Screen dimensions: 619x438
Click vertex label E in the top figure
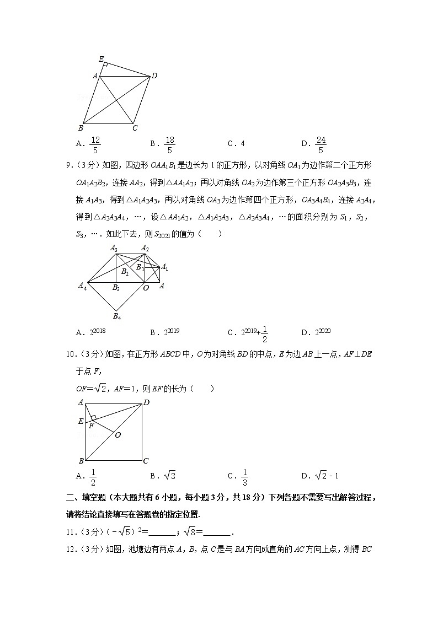tap(101, 58)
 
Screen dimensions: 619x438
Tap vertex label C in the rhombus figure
tap(135, 128)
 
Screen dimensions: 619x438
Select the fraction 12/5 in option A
tap(95, 144)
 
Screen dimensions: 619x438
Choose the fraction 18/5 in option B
tap(169, 144)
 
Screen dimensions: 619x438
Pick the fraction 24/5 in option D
tap(321, 144)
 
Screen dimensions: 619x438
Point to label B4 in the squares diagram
tap(117, 316)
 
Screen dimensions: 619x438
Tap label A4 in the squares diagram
tap(82, 286)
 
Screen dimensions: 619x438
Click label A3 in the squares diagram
tap(114, 249)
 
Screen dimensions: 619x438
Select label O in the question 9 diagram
tap(146, 288)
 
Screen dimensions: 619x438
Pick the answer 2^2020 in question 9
tap(323, 331)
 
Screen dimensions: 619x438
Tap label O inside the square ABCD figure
tap(117, 435)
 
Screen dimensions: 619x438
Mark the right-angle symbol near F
tap(94, 418)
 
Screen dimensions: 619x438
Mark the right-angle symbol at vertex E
tap(105, 65)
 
